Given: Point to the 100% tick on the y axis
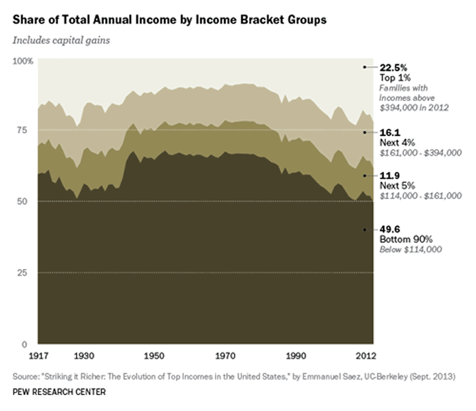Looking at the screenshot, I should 23,61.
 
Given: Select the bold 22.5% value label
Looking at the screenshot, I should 393,67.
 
